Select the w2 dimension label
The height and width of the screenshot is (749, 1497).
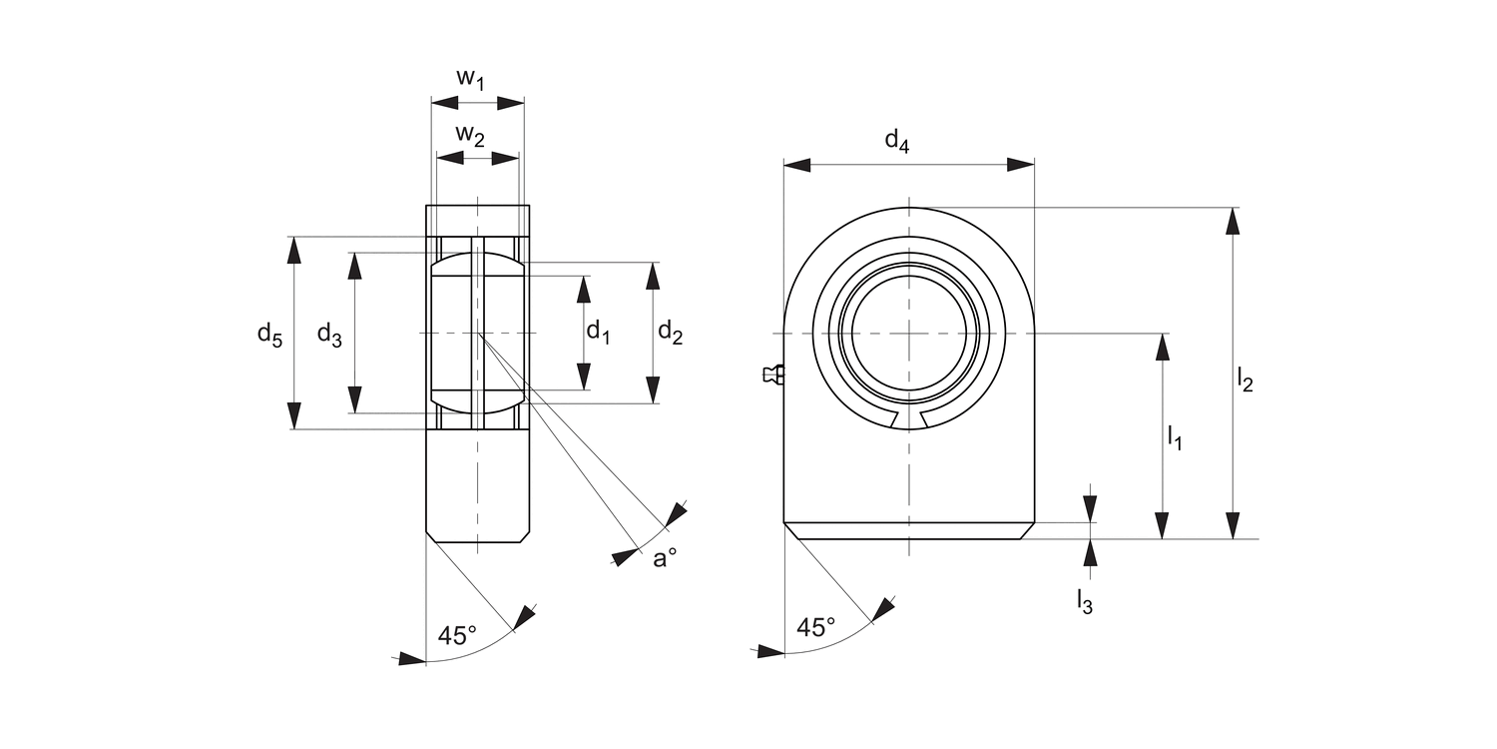tap(470, 135)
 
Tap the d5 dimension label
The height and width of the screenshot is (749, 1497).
tap(269, 335)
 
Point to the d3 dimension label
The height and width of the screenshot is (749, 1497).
tap(329, 335)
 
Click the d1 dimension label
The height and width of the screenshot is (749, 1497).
tap(597, 332)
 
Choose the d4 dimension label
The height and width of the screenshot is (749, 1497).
tap(897, 142)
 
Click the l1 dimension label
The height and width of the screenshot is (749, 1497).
tap(1174, 436)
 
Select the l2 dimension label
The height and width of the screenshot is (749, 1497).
tap(1245, 378)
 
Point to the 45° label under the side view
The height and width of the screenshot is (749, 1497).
tap(457, 635)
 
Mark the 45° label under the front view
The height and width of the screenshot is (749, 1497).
tap(816, 627)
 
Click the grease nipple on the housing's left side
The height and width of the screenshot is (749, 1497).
tap(772, 374)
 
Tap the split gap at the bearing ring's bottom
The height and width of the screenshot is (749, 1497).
tap(909, 419)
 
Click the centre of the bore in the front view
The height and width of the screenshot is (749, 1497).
tap(909, 333)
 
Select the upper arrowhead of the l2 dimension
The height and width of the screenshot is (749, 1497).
tap(1234, 222)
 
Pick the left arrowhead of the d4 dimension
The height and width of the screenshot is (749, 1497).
tap(797, 165)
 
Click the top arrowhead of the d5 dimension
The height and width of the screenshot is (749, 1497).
tap(293, 251)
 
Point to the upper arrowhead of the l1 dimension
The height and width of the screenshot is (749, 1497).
tap(1162, 347)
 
